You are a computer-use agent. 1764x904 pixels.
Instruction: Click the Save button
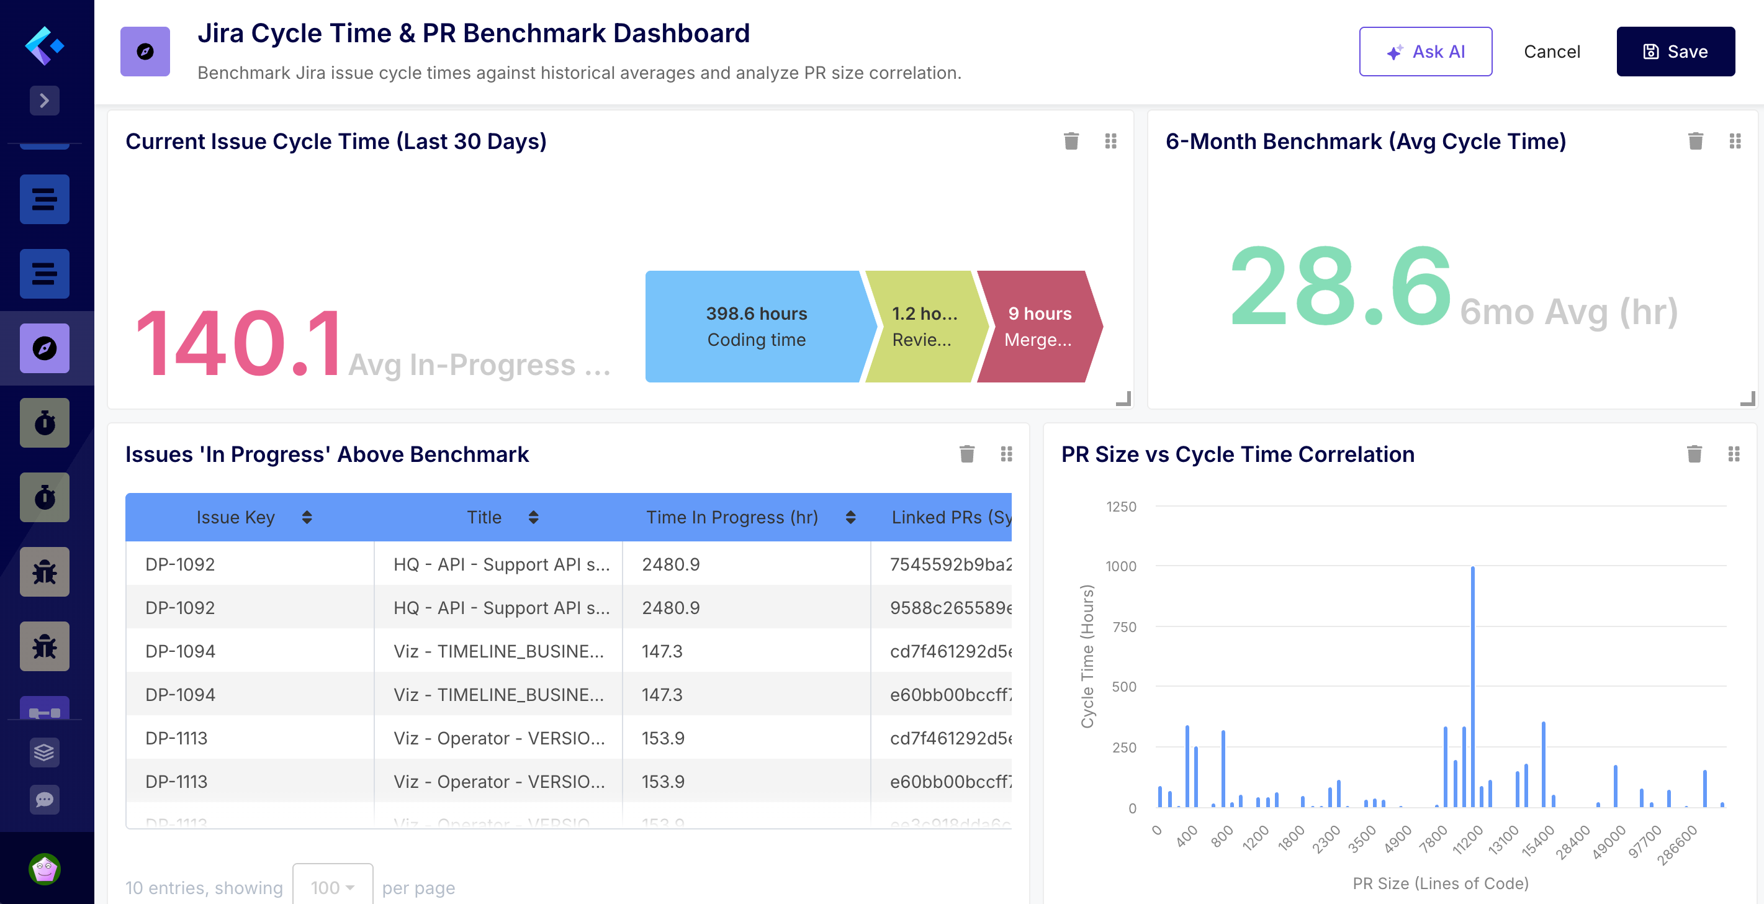[1675, 52]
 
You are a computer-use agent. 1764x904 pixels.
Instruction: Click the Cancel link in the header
[1551, 52]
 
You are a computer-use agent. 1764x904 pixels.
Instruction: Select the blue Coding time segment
[755, 327]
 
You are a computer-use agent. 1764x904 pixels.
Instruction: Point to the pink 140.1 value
[238, 344]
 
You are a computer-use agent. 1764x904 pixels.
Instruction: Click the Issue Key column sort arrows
[307, 517]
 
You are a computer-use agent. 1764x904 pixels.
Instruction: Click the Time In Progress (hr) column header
[731, 517]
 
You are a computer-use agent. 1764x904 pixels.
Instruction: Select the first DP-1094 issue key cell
[180, 651]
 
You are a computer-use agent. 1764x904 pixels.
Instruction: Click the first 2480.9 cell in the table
[670, 564]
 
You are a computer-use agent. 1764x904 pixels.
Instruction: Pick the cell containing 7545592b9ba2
[950, 564]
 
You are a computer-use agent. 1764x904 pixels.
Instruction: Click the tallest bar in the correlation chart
[1472, 685]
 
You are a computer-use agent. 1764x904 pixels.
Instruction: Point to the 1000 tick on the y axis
[1120, 566]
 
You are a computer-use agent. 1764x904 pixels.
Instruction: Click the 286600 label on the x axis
[1677, 845]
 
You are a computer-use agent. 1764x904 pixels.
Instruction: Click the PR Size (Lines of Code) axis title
[1440, 884]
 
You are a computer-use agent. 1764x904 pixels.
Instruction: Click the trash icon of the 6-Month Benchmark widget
[1695, 141]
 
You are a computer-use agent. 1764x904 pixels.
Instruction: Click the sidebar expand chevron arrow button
[45, 101]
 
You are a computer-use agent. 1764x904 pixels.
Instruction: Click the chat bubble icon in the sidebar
[45, 799]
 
